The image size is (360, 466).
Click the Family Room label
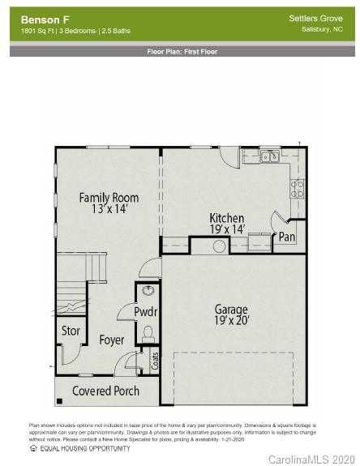pos(109,197)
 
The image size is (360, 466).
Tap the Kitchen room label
pos(226,218)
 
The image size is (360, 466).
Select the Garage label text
pos(231,309)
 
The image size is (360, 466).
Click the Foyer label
pos(112,340)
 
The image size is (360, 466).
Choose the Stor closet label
pos(71,331)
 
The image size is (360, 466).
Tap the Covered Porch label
pos(105,391)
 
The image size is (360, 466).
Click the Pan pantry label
pos(287,237)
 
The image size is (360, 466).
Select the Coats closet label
pos(155,360)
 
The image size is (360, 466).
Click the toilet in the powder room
pos(148,332)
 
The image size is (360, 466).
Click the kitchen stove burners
pos(298,188)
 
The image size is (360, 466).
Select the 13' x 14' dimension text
pos(109,209)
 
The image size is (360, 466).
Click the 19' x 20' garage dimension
pos(231,320)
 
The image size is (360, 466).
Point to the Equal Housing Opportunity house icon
pos(33,448)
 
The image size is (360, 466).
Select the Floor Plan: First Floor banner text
pos(182,51)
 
